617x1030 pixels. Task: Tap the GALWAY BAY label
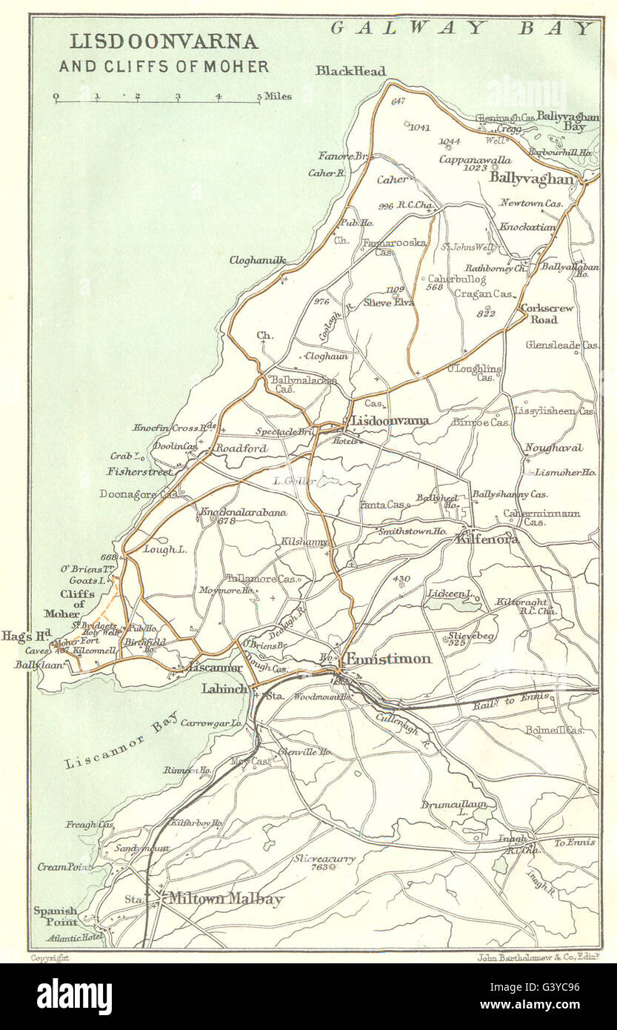click(462, 28)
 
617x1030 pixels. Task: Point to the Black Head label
click(350, 71)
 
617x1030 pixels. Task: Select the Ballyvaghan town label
click(531, 179)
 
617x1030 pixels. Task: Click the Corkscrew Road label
click(549, 314)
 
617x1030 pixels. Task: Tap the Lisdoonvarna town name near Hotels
click(390, 421)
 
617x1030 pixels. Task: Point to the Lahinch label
click(225, 688)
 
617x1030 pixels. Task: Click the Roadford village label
click(241, 448)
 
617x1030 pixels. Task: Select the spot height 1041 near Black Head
click(419, 127)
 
